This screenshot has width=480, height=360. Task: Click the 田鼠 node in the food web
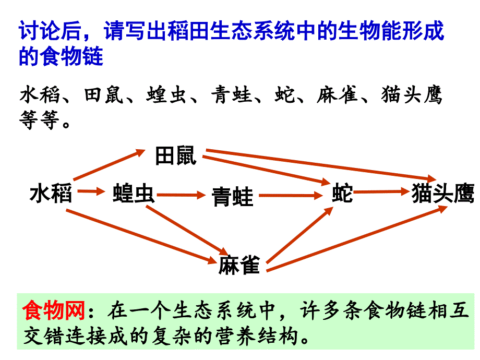176,155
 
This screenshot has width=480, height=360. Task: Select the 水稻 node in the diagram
51,193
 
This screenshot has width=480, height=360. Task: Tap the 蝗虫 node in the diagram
134,193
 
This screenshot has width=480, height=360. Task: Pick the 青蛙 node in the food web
233,197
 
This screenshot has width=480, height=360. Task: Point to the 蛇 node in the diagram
343,193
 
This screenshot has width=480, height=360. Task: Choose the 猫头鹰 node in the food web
443,193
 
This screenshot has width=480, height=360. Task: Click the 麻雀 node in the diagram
239,265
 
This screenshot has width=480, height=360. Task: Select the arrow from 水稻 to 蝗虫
91,191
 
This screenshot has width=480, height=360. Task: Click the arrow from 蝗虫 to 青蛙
181,195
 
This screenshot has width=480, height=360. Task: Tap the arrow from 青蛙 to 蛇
291,195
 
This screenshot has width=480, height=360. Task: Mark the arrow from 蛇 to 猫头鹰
381,192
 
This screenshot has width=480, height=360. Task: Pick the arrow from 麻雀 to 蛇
299,235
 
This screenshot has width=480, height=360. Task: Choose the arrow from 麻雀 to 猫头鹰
357,238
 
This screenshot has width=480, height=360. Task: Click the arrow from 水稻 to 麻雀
142,236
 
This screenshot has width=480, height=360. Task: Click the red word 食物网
54,310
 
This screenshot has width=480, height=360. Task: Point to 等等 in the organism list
39,119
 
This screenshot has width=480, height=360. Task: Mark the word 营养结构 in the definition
257,336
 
